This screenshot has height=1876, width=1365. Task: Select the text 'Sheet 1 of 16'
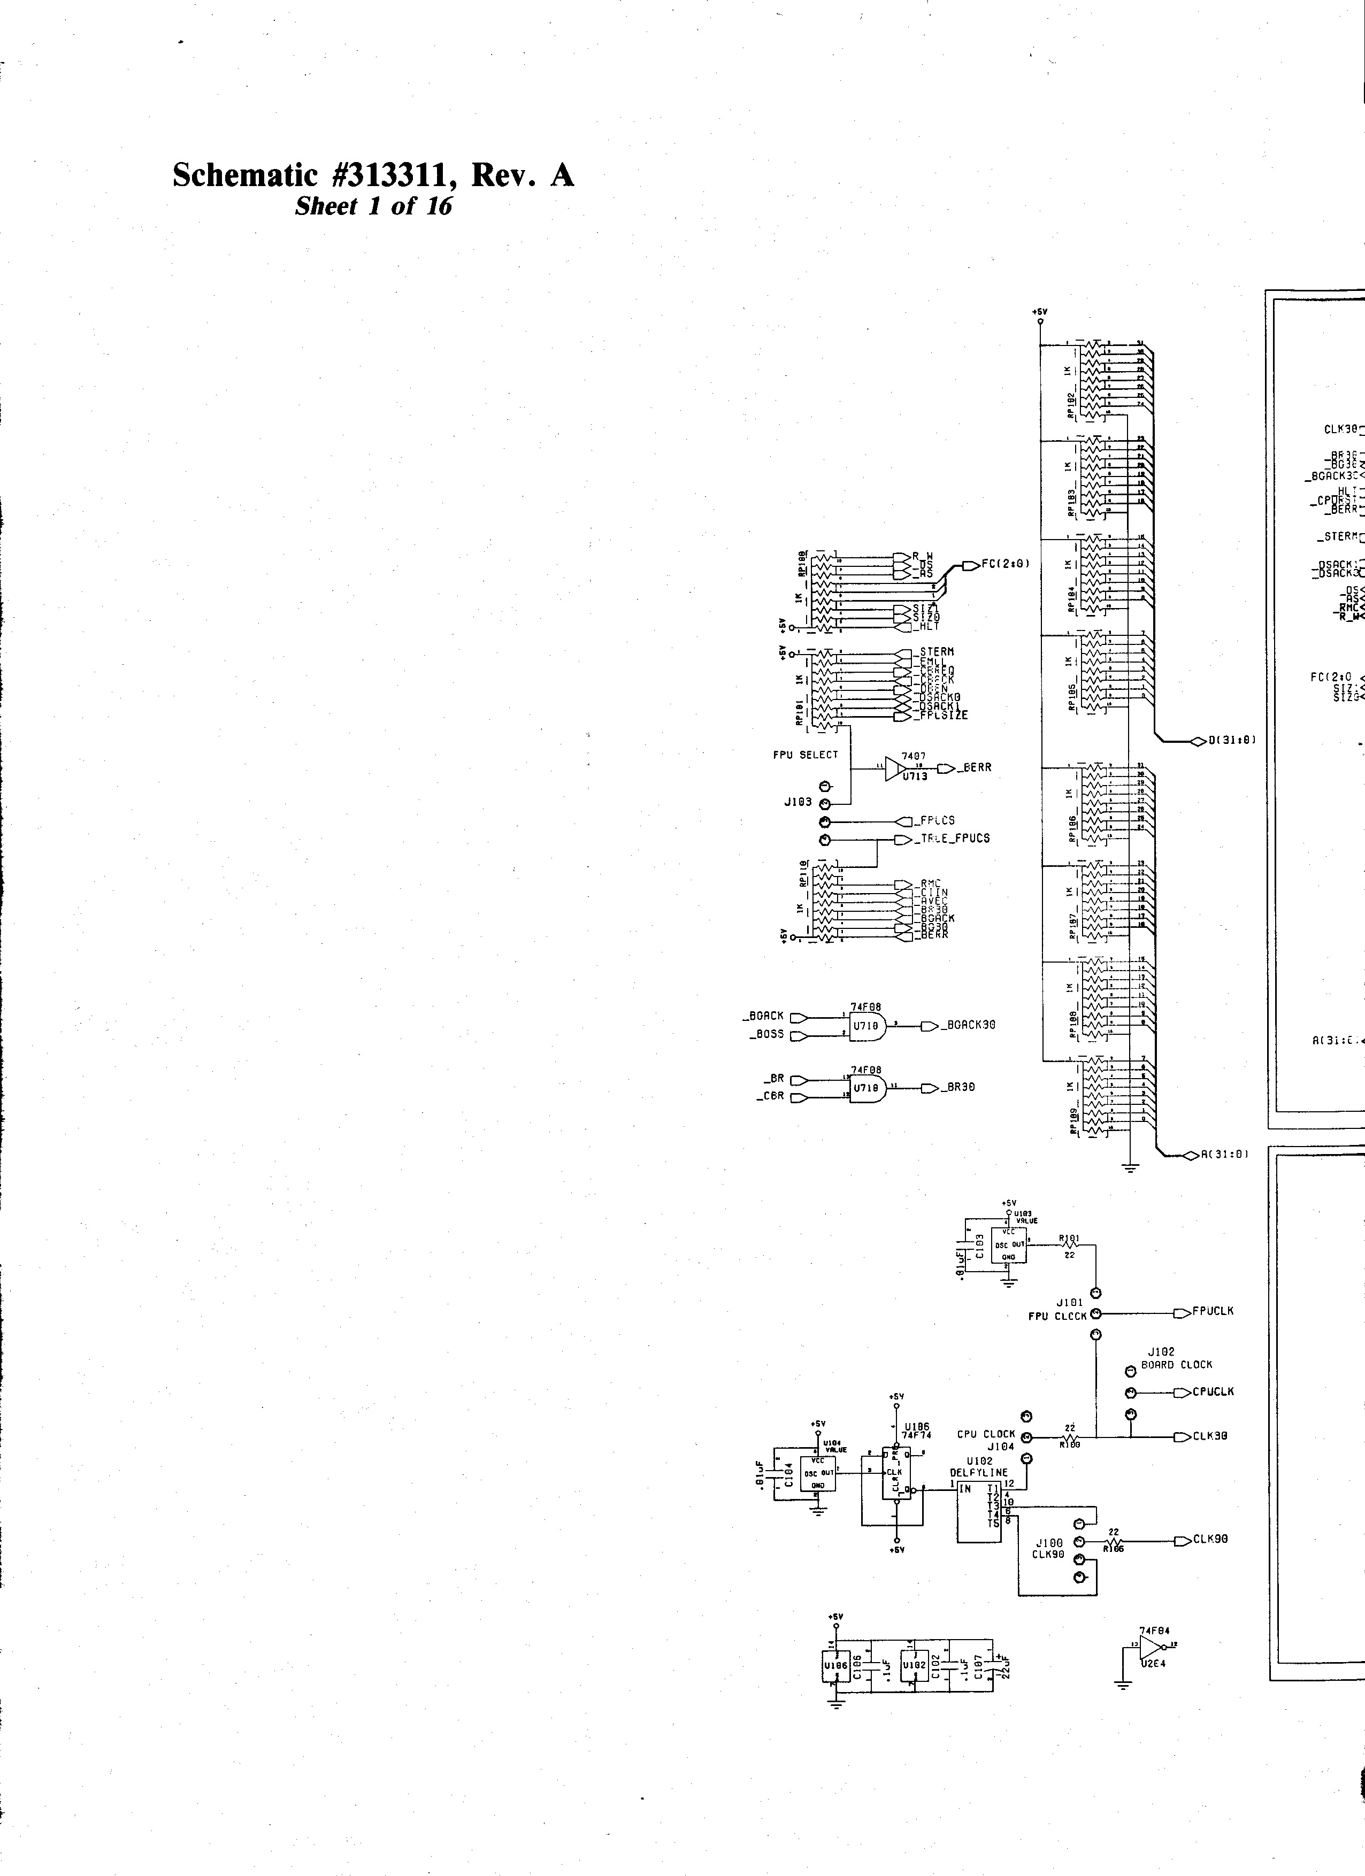tap(373, 207)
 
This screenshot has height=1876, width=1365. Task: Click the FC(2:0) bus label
tap(1005, 565)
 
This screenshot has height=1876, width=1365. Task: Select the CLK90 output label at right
tap(1210, 1539)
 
